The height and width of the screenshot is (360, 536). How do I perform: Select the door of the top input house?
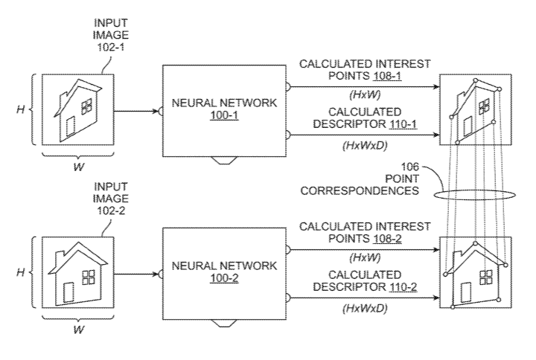click(71, 126)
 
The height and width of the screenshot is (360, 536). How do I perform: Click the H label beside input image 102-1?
click(20, 110)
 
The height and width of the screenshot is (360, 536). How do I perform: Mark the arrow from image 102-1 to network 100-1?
click(137, 111)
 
